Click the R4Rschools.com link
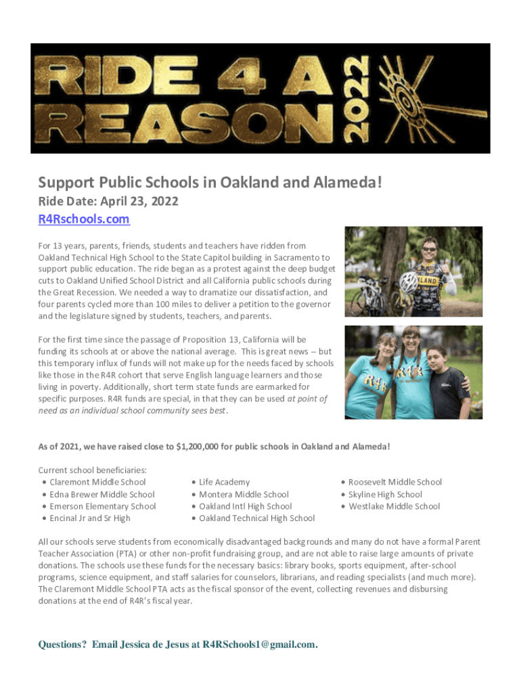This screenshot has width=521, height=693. click(x=83, y=219)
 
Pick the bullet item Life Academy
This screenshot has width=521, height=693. click(x=224, y=482)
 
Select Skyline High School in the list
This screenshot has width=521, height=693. click(x=385, y=494)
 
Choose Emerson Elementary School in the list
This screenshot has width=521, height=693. click(x=103, y=506)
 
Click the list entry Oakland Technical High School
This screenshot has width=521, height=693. click(x=256, y=518)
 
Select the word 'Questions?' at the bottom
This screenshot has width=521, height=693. click(x=62, y=644)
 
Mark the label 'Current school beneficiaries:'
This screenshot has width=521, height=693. click(x=93, y=470)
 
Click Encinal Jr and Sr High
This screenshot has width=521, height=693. click(x=90, y=518)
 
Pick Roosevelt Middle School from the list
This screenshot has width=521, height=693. click(x=395, y=482)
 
